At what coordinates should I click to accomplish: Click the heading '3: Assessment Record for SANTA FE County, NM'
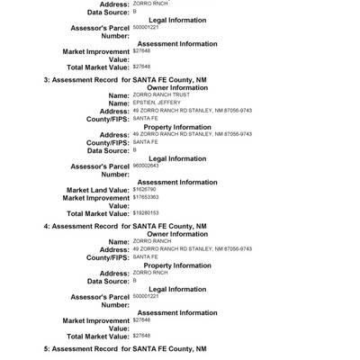click(125, 80)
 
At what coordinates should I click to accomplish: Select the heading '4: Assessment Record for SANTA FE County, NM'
click(125, 226)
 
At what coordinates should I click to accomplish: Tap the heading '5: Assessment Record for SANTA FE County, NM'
click(125, 348)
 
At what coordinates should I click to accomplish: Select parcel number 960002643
click(145, 166)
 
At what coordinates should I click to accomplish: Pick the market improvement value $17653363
click(145, 197)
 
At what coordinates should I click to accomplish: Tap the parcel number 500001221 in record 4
click(145, 295)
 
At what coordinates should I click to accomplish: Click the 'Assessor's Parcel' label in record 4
click(99, 297)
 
